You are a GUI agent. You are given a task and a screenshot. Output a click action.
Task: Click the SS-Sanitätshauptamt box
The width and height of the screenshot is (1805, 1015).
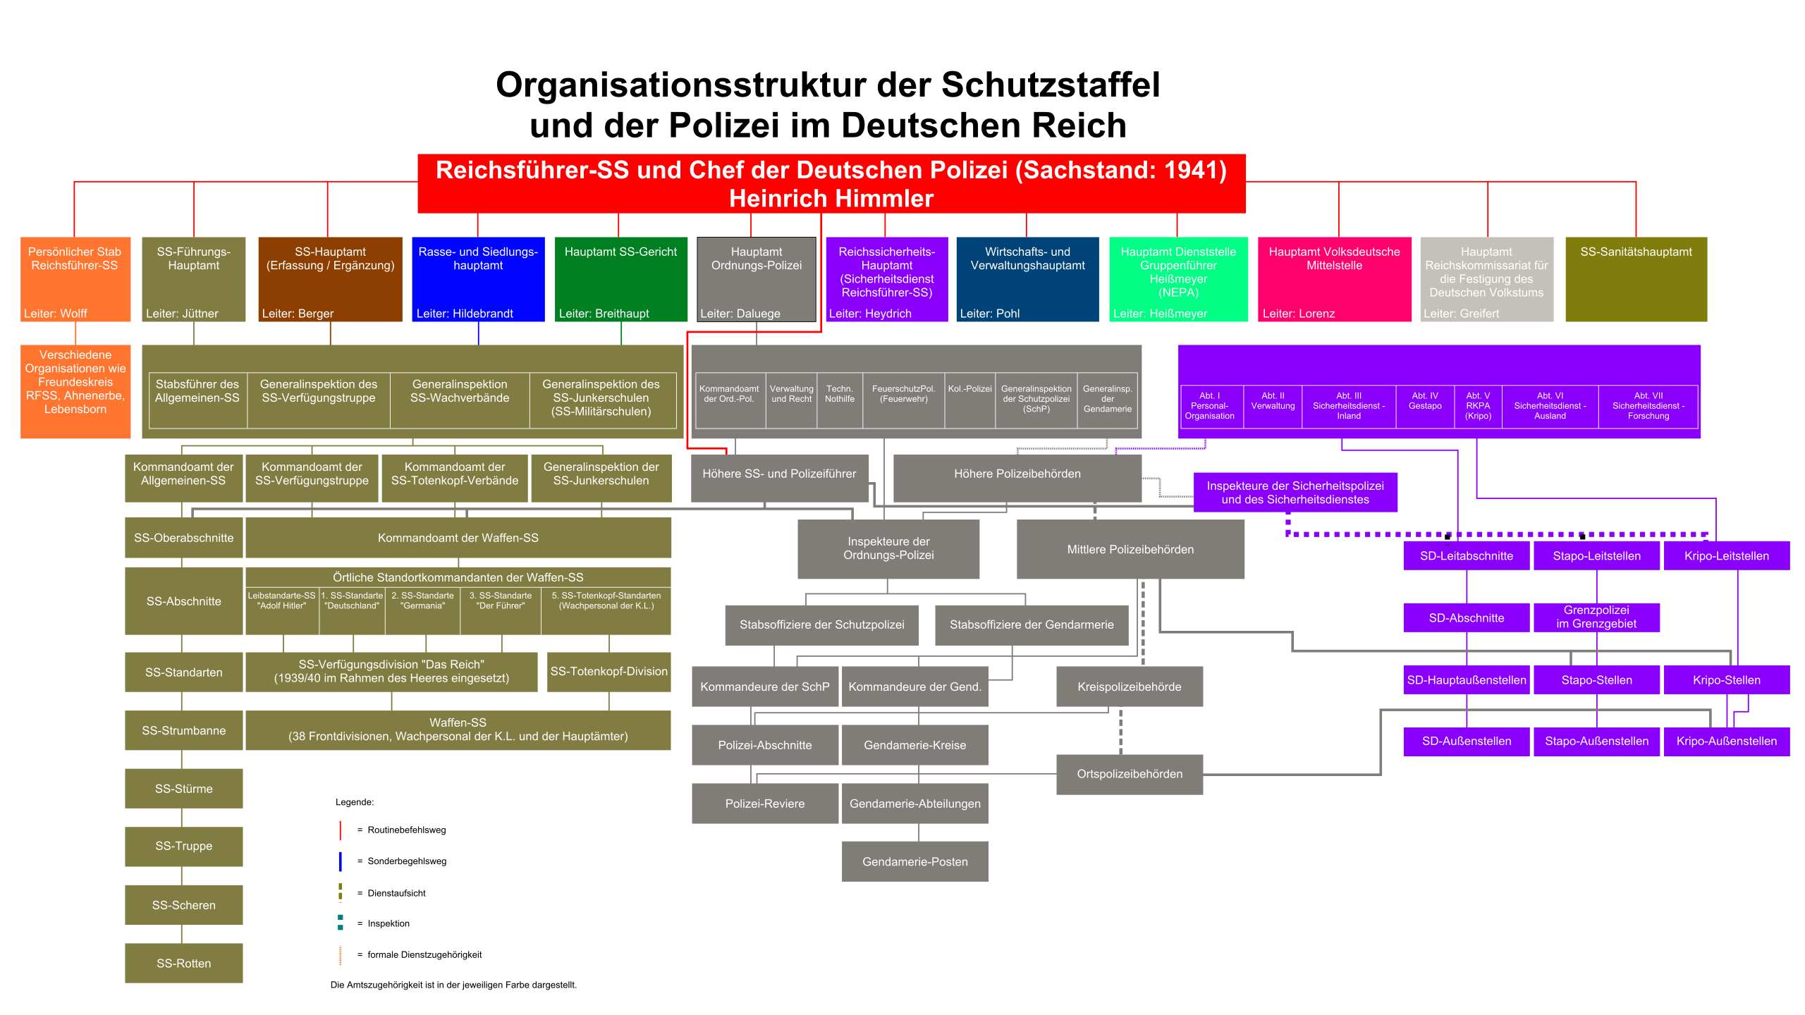[x=1636, y=279]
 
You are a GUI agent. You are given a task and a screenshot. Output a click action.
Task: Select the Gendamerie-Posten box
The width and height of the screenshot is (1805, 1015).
[x=914, y=861]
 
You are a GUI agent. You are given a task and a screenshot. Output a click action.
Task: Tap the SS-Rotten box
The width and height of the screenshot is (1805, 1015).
[x=184, y=963]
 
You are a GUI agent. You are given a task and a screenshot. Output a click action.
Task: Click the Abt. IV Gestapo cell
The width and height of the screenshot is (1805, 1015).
[x=1425, y=406]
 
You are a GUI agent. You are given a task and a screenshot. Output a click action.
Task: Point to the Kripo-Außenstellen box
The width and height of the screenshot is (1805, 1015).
[x=1727, y=741]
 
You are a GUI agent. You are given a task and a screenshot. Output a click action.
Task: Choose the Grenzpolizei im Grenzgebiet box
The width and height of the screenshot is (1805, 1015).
[x=1596, y=617]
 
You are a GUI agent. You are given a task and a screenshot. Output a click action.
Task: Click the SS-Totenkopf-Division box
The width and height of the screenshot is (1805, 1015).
[x=608, y=671]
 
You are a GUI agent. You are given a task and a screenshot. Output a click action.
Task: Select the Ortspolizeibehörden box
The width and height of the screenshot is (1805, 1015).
[x=1130, y=774]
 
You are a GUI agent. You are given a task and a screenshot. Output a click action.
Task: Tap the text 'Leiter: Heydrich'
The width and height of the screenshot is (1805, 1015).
[x=870, y=314]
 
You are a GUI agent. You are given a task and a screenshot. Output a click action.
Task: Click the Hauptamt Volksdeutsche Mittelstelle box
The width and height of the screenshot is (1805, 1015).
[x=1334, y=279]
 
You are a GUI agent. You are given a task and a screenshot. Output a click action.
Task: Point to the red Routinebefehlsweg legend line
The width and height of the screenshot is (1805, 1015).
[x=341, y=830]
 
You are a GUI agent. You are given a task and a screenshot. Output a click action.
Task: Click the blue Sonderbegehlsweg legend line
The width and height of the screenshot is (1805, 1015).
[x=341, y=861]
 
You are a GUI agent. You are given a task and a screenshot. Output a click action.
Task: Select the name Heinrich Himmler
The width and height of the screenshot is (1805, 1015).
[x=831, y=199]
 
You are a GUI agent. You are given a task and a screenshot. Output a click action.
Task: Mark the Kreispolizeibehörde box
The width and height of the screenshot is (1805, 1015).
[x=1130, y=687]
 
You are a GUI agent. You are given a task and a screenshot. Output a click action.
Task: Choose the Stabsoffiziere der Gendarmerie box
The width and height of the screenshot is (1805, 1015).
[x=1032, y=625]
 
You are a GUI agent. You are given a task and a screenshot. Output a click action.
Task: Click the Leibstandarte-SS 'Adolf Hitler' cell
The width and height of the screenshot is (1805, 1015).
[x=282, y=611]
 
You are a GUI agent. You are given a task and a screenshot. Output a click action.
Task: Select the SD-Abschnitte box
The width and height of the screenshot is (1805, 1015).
[x=1467, y=617]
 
